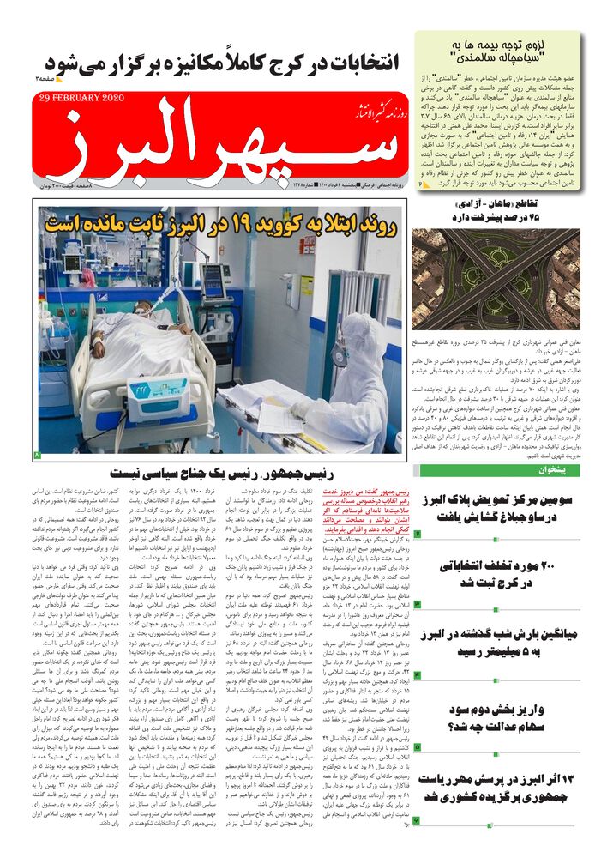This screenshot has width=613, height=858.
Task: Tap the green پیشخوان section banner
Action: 511,470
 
